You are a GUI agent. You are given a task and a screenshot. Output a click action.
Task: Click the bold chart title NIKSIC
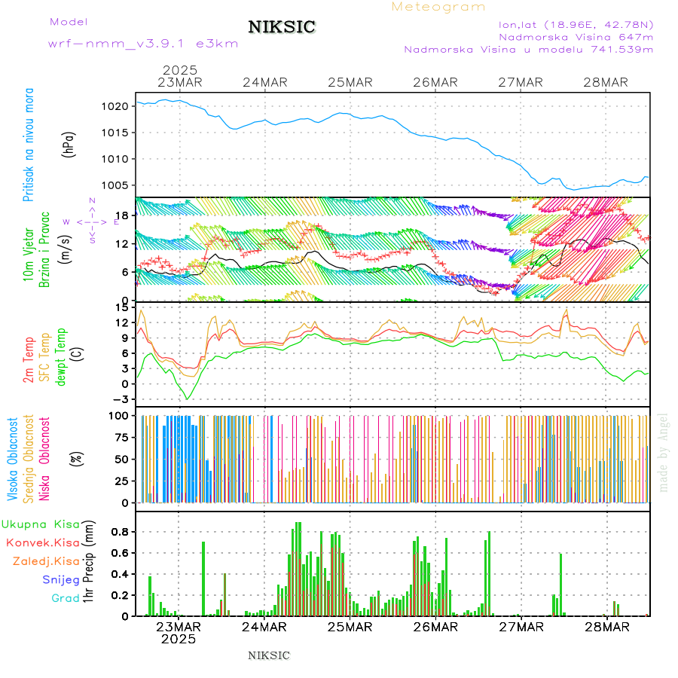point(282,27)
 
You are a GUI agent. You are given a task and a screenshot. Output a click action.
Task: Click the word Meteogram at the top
point(438,7)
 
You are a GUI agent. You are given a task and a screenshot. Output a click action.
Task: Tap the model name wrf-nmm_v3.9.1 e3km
point(143,43)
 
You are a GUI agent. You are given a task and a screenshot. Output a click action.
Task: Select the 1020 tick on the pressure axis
point(115,106)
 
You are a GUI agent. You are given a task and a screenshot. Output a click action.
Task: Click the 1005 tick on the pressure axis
point(115,185)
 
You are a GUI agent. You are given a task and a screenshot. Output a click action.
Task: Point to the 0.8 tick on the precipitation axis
point(118,531)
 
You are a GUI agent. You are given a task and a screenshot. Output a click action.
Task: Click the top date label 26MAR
point(435,82)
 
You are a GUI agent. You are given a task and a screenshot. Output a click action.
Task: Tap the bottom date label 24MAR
point(264,627)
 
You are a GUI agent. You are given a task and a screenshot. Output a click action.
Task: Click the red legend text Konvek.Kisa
point(42,542)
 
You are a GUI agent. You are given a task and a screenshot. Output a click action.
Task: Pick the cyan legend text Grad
point(65,599)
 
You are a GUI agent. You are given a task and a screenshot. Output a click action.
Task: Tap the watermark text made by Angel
point(663,452)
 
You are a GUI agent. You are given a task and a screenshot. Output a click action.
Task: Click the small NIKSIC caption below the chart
point(269,655)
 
